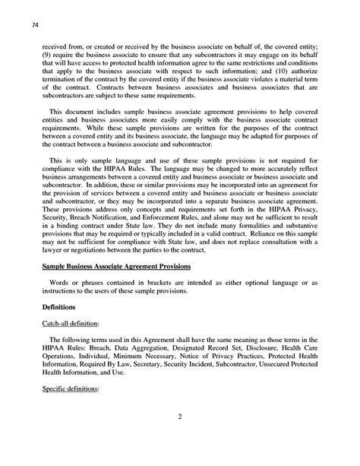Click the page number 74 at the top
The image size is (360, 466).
point(30,25)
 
